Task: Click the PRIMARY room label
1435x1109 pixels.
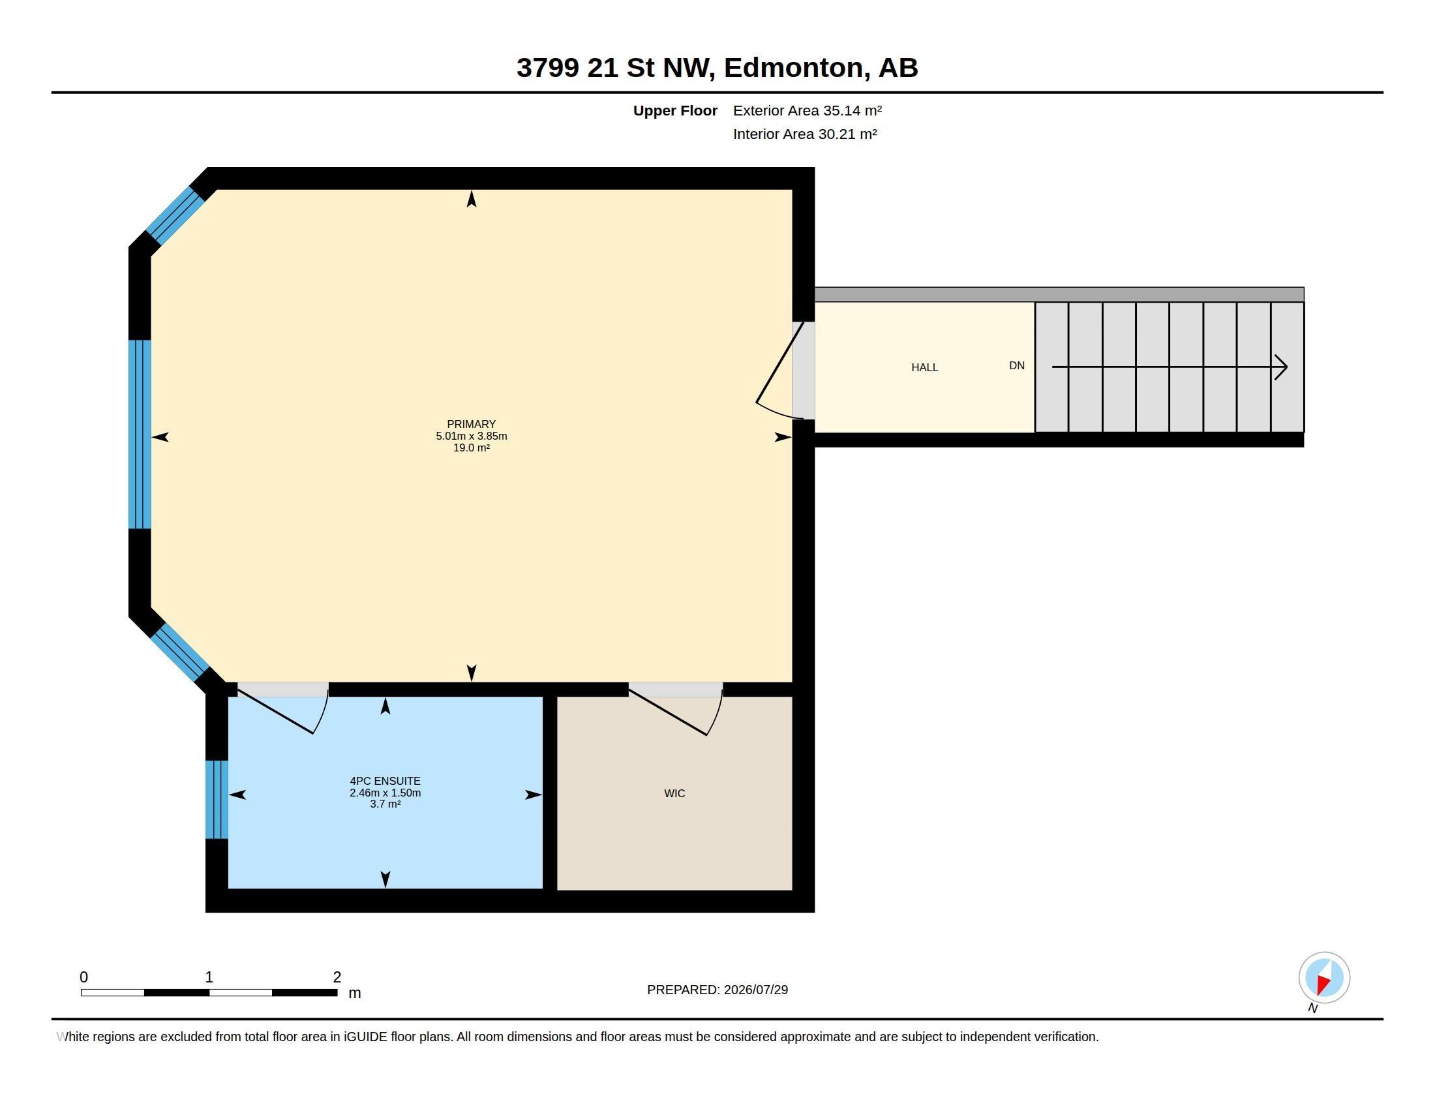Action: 471,425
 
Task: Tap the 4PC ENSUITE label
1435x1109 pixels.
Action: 385,781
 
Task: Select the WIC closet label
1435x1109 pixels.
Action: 675,794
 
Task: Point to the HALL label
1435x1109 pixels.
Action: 924,368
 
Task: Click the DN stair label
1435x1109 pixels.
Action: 1016,366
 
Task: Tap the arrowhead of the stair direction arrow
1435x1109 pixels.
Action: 1281,367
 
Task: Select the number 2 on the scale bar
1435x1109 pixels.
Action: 337,977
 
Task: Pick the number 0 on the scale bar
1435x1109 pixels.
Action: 83,977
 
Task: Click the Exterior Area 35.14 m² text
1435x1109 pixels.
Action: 808,110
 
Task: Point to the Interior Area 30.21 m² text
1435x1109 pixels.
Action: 805,134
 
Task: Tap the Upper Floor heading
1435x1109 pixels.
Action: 675,110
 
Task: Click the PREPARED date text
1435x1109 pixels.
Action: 717,990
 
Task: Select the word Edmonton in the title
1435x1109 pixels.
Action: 794,68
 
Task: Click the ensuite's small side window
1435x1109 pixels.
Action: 217,800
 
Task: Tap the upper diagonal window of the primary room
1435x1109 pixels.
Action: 175,216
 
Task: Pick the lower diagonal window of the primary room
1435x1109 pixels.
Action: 179,652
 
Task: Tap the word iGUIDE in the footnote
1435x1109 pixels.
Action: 365,1037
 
